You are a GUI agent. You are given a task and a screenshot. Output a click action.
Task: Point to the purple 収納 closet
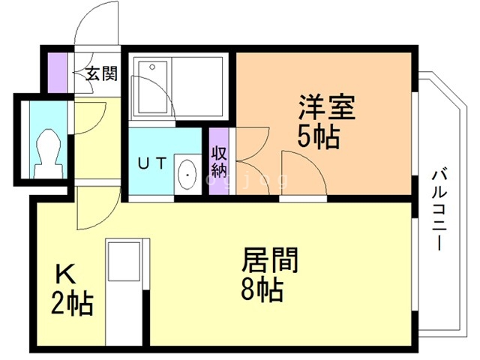(x=219, y=162)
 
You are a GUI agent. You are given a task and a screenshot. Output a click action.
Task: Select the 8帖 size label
(x=262, y=289)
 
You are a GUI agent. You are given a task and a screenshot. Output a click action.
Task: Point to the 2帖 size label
(x=72, y=304)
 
